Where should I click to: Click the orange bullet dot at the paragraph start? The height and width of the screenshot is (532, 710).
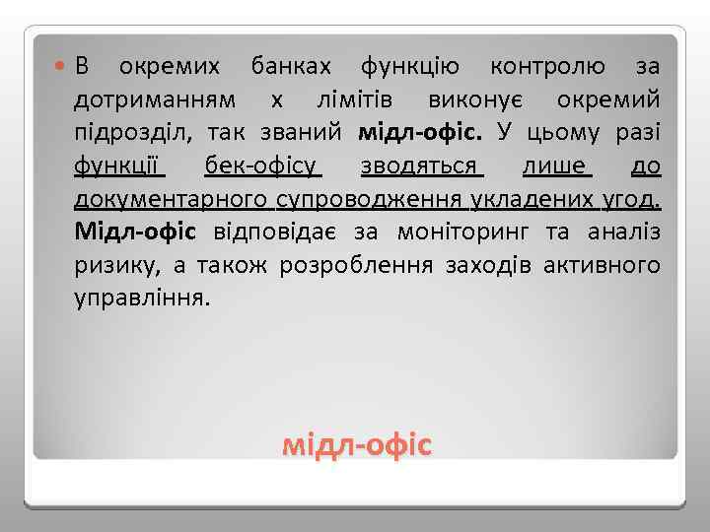click(62, 66)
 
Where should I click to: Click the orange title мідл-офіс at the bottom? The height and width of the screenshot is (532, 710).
click(356, 446)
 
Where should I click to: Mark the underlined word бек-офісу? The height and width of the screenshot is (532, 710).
click(260, 166)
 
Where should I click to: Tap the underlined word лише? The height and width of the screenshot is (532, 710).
click(561, 166)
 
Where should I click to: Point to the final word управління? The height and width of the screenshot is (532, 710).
click(141, 299)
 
